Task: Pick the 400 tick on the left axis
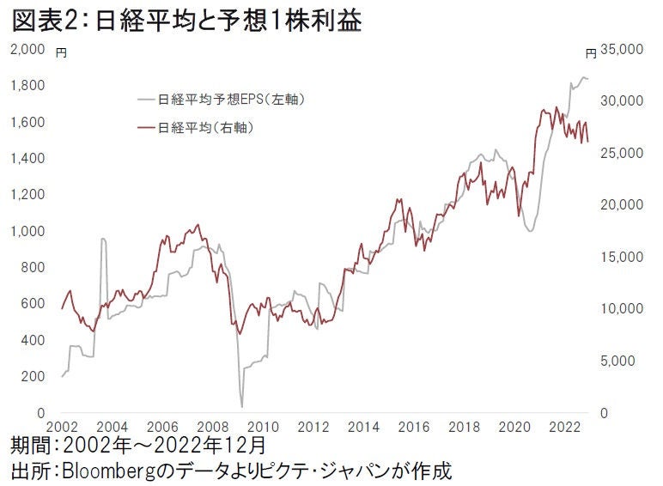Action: click(x=33, y=341)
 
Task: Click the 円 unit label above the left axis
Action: click(x=60, y=52)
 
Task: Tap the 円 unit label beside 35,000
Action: click(x=591, y=52)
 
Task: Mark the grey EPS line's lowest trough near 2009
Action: click(x=242, y=406)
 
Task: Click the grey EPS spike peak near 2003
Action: click(x=103, y=240)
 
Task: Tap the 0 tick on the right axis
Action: click(x=605, y=414)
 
